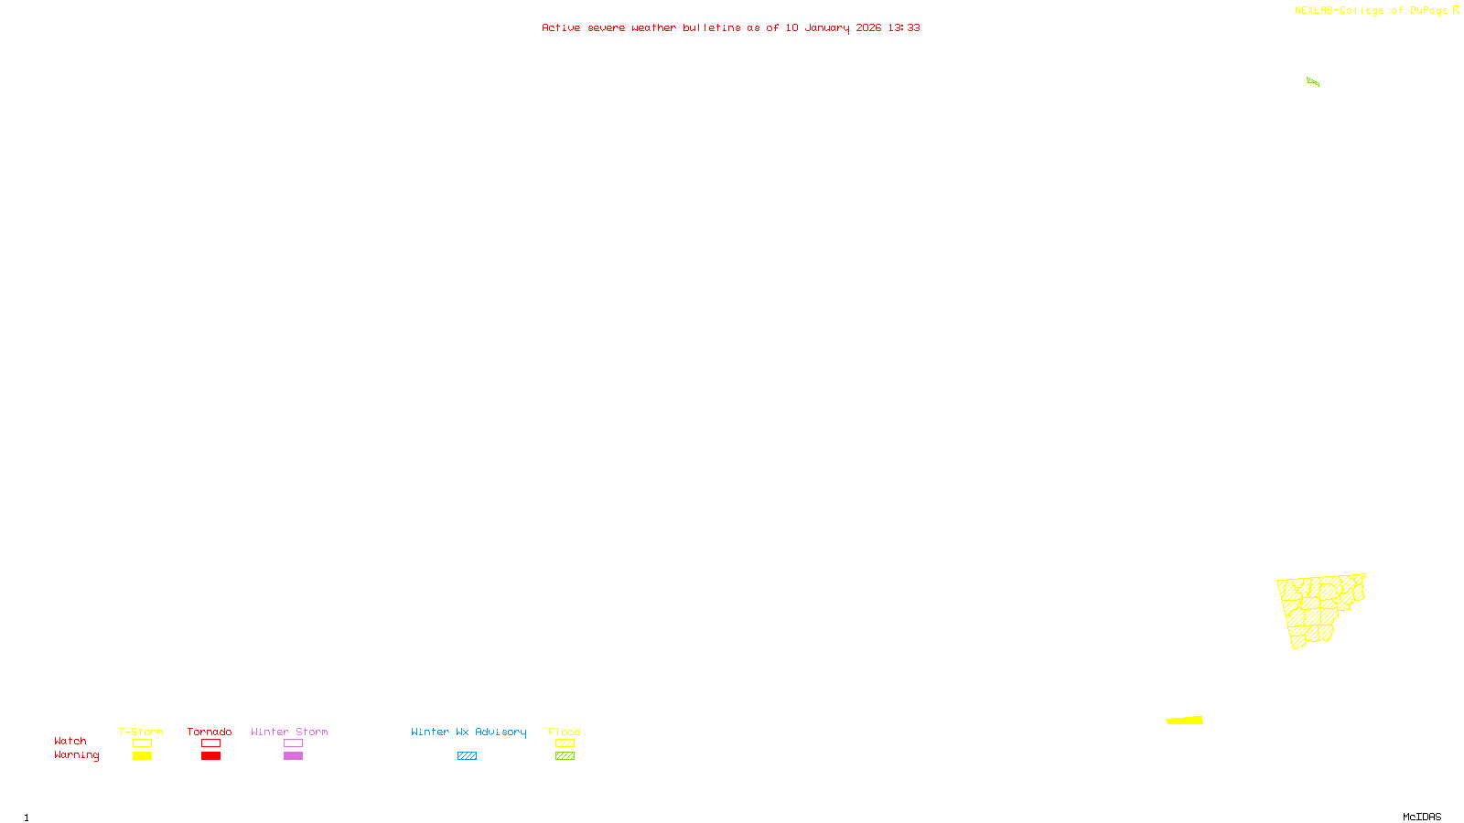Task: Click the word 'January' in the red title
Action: pyautogui.click(x=826, y=27)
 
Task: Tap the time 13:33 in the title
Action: pyautogui.click(x=903, y=27)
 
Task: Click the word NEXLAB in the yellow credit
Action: pyautogui.click(x=1314, y=10)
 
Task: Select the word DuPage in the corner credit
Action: pyautogui.click(x=1428, y=10)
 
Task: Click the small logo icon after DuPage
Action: pyautogui.click(x=1456, y=10)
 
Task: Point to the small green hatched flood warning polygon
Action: pyautogui.click(x=1313, y=82)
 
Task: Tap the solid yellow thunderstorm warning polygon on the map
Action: pyautogui.click(x=1185, y=721)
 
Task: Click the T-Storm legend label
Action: pyautogui.click(x=141, y=732)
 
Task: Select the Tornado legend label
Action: pyautogui.click(x=210, y=732)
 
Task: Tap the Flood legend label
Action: pyautogui.click(x=565, y=732)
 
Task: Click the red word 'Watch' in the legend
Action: pyautogui.click(x=70, y=741)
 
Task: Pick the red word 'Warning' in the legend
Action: pyautogui.click(x=76, y=755)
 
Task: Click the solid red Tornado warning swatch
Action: pyautogui.click(x=210, y=756)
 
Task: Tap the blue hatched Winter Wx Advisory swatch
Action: pyautogui.click(x=467, y=756)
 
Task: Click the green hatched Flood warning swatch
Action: pyautogui.click(x=565, y=756)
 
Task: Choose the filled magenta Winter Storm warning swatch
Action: pyautogui.click(x=293, y=756)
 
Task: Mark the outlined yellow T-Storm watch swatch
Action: pyautogui.click(x=142, y=743)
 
